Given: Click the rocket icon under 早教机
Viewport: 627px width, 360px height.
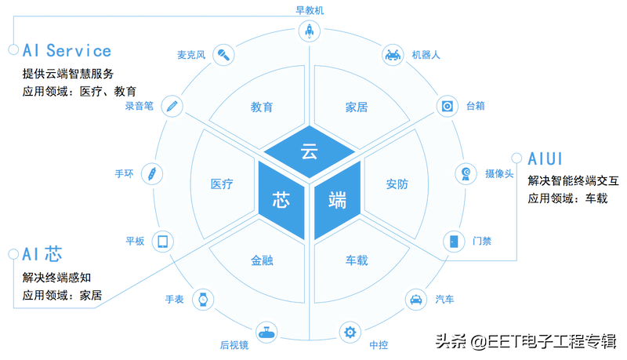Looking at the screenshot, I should [309, 31].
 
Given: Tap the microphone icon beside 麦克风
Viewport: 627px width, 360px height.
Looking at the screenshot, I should [224, 55].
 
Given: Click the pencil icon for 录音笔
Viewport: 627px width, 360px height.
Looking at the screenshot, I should [172, 105].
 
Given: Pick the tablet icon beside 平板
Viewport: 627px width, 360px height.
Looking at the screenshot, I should [163, 241].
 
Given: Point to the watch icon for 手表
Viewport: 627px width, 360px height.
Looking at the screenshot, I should [203, 299].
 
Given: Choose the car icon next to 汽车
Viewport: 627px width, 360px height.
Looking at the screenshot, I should [415, 299].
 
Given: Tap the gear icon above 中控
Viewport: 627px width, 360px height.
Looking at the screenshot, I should [349, 332].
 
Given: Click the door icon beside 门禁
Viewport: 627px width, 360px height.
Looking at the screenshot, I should [454, 241].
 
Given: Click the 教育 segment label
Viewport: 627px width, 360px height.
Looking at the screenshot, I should [262, 107].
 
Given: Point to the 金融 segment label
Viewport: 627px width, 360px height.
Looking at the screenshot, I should [262, 260].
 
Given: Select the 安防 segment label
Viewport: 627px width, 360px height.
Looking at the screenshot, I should [397, 184].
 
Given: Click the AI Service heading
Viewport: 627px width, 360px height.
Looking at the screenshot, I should [67, 50].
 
